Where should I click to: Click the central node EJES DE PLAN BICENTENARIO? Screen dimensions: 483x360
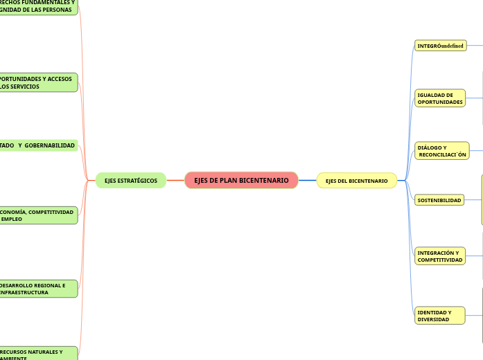click(241, 181)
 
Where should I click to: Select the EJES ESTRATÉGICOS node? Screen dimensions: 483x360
click(131, 181)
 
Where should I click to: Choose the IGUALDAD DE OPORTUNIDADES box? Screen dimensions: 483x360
click(440, 98)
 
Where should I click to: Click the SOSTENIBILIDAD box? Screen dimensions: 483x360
click(439, 200)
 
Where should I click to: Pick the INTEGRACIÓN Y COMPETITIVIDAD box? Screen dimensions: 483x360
click(440, 256)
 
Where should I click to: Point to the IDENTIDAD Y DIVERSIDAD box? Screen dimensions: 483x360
click(439, 316)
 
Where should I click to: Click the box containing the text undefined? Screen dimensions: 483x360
click(440, 46)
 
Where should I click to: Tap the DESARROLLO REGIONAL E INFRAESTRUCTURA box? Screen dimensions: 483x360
click(38, 289)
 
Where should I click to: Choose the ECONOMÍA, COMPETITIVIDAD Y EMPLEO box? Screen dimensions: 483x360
click(38, 215)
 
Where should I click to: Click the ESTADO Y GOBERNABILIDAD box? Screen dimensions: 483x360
click(38, 145)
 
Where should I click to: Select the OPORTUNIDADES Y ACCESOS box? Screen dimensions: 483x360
click(38, 83)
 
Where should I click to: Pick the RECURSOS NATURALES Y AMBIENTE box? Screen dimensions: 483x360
click(38, 354)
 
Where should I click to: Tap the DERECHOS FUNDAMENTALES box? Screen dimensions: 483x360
click(38, 6)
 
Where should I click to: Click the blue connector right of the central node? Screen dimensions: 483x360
click(307, 181)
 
